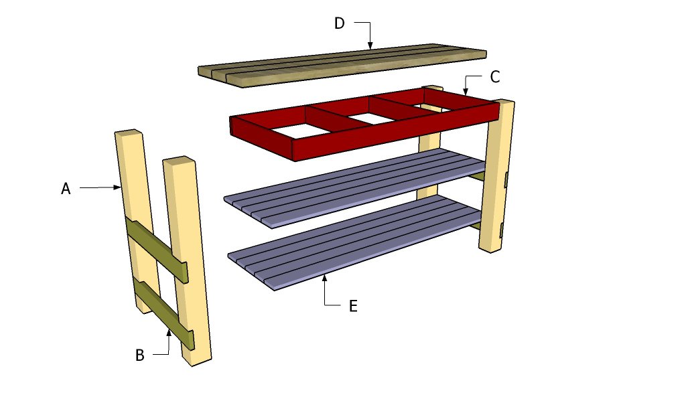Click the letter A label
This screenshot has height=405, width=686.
point(66,189)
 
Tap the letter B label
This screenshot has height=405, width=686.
point(139,355)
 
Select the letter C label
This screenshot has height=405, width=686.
point(494,77)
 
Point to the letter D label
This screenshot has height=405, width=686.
point(339,23)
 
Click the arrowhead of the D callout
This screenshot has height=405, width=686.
point(369,47)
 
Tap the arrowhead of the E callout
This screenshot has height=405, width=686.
point(325,276)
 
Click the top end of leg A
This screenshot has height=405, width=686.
point(128,133)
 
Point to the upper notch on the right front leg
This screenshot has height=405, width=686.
point(506,179)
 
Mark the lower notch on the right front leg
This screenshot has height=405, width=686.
point(502,230)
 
